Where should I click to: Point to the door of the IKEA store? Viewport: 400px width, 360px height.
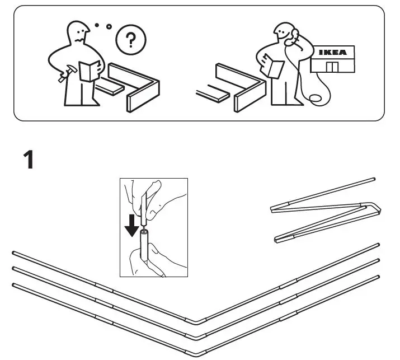coord(333,68)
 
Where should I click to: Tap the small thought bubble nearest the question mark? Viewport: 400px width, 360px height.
coord(109,26)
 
